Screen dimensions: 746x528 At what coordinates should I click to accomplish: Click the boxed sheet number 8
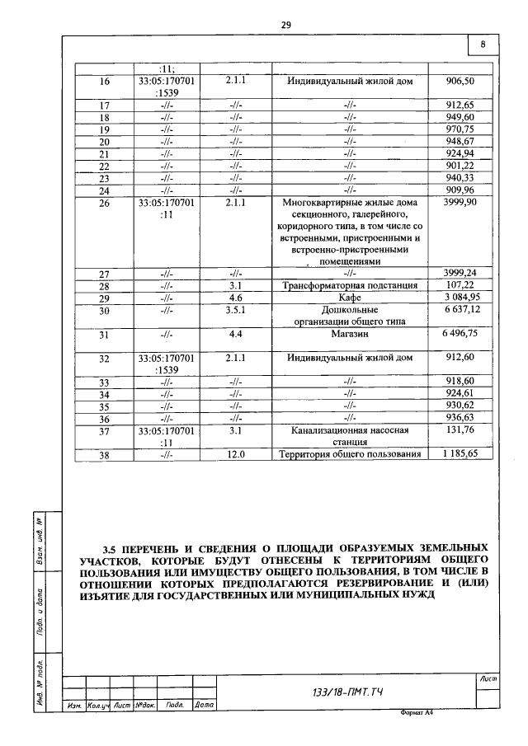(483, 45)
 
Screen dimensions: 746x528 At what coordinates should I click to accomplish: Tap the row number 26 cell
(104, 202)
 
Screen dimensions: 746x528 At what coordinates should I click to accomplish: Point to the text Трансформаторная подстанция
(351, 286)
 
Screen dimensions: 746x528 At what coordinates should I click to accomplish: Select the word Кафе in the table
(351, 298)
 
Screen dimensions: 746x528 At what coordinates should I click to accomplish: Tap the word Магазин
(351, 335)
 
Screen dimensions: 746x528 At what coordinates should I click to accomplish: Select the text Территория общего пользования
(351, 454)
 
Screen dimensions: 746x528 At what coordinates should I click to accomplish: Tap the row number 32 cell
(104, 359)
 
